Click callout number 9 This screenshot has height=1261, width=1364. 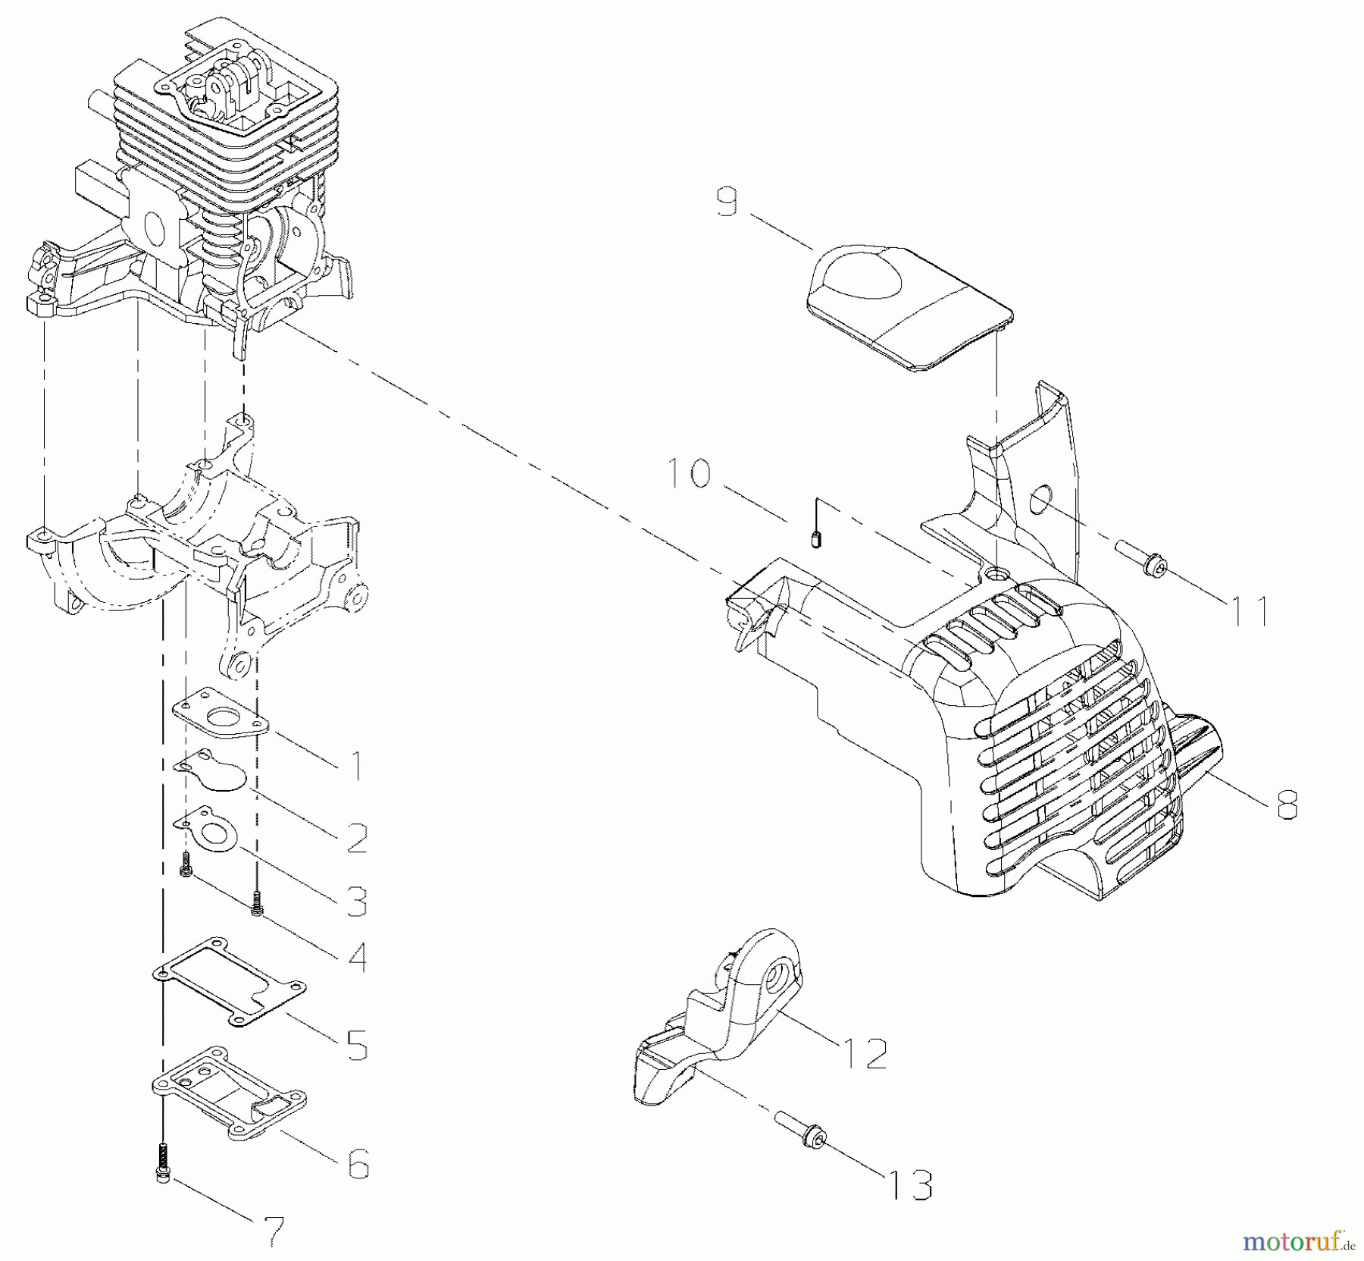[727, 203]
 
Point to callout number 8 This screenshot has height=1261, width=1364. [1287, 805]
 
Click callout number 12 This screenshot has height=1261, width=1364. [864, 1053]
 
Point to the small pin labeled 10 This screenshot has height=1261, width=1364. [815, 541]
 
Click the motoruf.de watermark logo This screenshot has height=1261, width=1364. [1298, 1241]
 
